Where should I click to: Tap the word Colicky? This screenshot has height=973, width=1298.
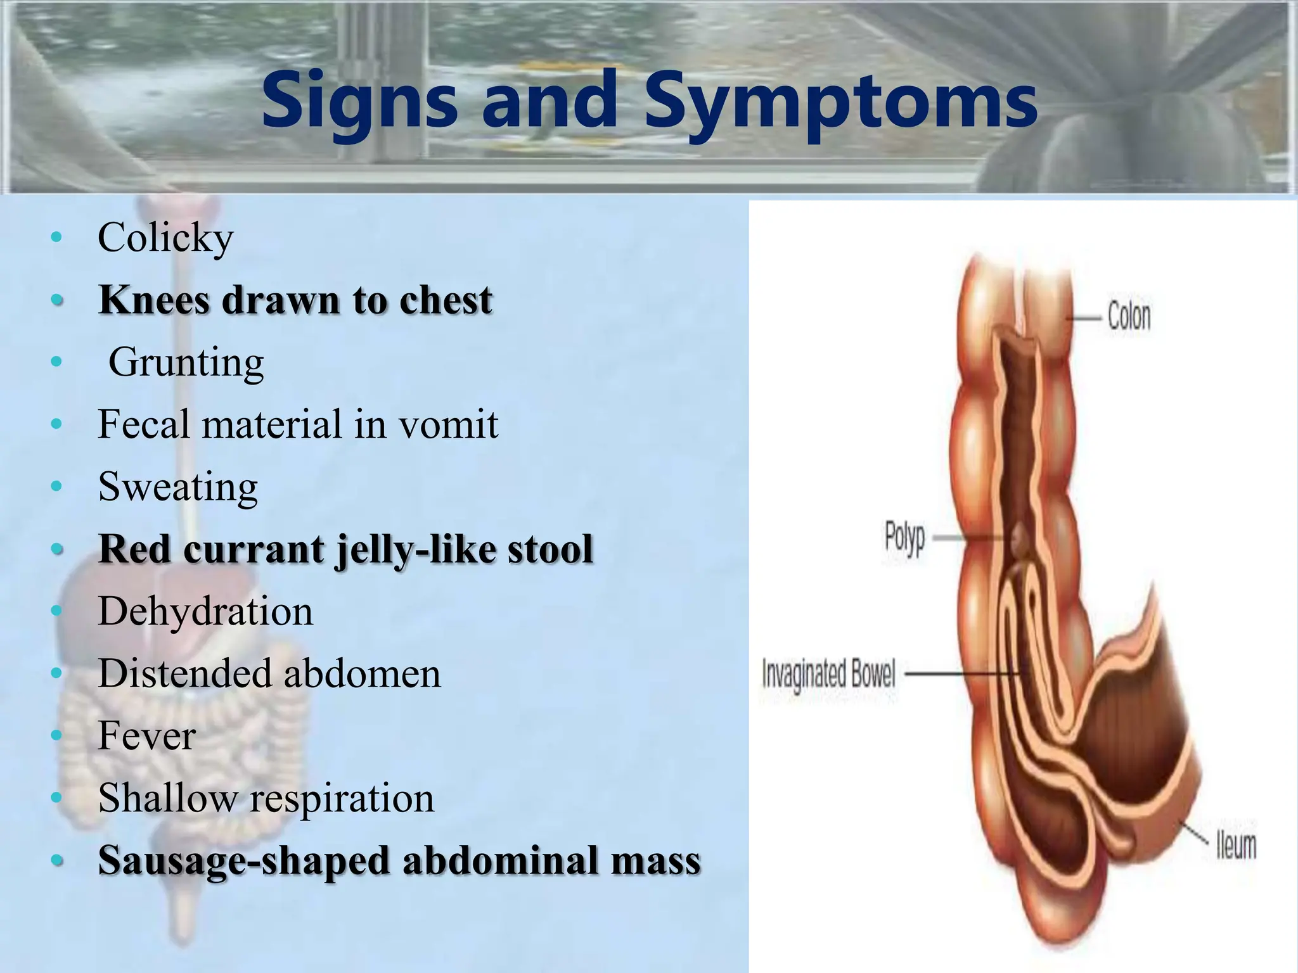(165, 238)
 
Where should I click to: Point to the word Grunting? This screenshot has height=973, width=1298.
(186, 362)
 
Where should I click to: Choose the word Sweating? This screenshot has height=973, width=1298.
(178, 486)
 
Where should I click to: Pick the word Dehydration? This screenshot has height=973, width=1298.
(205, 611)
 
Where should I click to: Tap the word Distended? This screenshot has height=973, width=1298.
(185, 673)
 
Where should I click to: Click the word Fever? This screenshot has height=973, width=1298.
(146, 735)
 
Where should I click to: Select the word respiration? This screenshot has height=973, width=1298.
(342, 798)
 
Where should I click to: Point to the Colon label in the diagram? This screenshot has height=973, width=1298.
(1129, 316)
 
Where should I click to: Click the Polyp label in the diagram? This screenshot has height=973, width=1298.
(904, 539)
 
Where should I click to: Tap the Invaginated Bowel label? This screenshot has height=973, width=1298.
(828, 674)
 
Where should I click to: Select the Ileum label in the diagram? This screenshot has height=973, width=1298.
(1236, 846)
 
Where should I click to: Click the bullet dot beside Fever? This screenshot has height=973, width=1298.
(57, 735)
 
